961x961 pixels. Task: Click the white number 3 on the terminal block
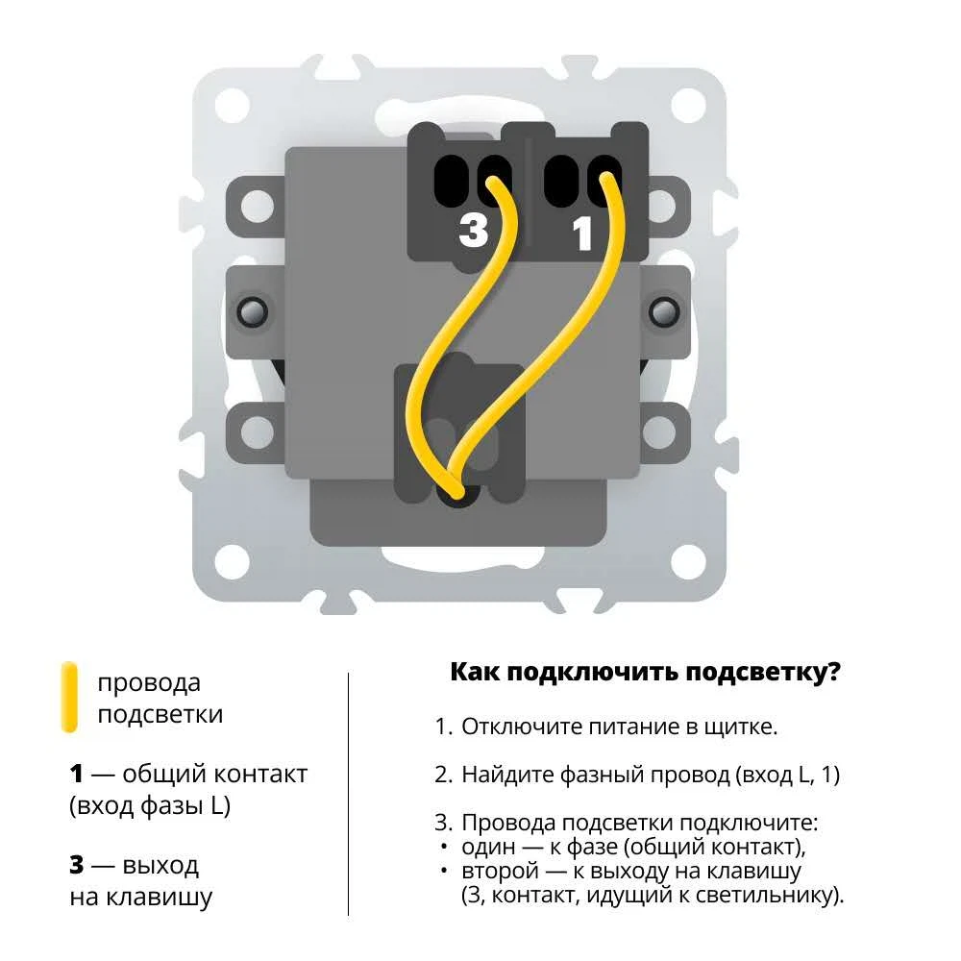tap(473, 230)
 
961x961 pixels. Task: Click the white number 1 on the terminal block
tap(581, 234)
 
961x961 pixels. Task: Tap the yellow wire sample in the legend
tap(70, 697)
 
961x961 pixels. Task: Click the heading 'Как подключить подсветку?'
tap(645, 672)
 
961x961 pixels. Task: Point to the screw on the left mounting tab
tap(252, 311)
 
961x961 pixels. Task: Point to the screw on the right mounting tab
tap(664, 311)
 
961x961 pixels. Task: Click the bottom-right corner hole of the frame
tap(688, 561)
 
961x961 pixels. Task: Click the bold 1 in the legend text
tap(76, 774)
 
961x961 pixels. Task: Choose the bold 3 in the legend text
tap(76, 865)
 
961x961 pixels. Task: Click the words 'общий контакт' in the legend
tap(215, 774)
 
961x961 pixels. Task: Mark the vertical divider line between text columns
tap(348, 795)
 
